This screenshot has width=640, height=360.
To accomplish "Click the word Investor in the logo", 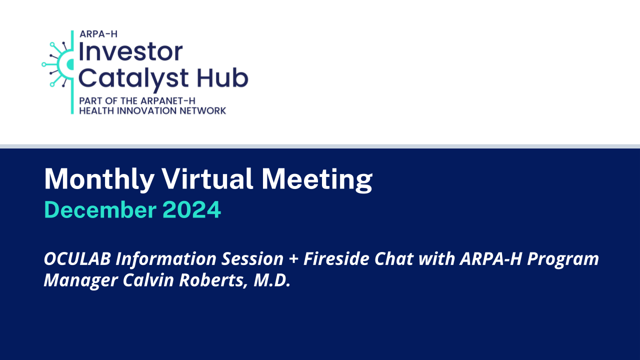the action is (130, 51).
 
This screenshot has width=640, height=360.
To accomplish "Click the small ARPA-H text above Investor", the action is (98, 34).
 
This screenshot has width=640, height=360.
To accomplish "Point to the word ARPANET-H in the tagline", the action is (167, 101).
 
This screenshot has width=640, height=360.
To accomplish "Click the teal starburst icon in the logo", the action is (58, 64).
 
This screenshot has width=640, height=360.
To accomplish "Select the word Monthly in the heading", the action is (99, 179).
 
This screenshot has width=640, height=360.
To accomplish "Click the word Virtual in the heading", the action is (207, 178).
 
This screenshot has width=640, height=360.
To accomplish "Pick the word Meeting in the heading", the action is (317, 179).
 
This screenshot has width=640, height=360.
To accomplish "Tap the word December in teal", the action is (100, 209).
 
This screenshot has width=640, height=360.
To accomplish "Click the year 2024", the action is (191, 209).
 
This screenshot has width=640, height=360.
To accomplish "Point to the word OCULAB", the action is (77, 258).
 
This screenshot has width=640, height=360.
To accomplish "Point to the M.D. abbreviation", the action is (271, 280).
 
